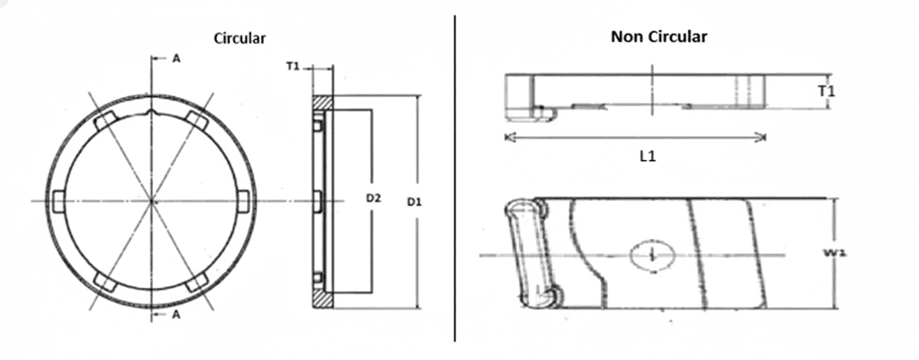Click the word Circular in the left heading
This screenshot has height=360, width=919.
coord(239,38)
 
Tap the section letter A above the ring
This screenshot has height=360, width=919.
coord(176,57)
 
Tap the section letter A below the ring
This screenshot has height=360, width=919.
coord(176,315)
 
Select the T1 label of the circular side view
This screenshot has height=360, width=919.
coord(293,66)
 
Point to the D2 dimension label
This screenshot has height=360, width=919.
coord(373,197)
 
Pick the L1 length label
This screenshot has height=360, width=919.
coord(647,156)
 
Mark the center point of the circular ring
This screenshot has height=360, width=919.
coord(152,200)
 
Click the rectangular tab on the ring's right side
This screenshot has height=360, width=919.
coord(243,200)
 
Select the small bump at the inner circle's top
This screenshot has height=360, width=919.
coord(152,114)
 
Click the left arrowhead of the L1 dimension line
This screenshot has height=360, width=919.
coord(507,137)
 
